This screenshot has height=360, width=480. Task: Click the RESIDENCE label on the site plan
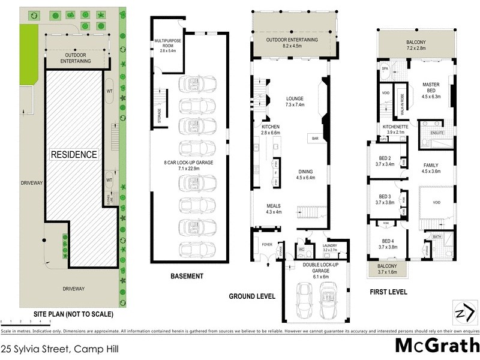pyautogui.click(x=73, y=154)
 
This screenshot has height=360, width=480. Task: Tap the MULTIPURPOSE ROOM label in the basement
pyautogui.click(x=164, y=44)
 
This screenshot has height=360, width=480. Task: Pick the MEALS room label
pyautogui.click(x=273, y=207)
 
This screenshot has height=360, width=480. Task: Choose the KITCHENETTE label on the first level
pyautogui.click(x=394, y=128)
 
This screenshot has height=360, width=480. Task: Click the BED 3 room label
pyautogui.click(x=385, y=196)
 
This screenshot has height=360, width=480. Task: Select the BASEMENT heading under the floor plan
pyautogui.click(x=186, y=277)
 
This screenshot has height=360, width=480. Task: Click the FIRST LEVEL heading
pyautogui.click(x=388, y=292)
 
